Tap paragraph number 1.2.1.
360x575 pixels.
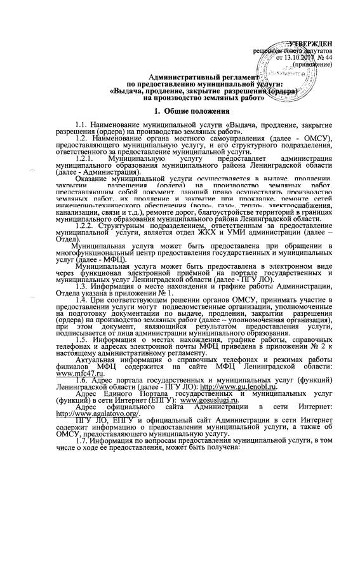[x=84, y=156]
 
